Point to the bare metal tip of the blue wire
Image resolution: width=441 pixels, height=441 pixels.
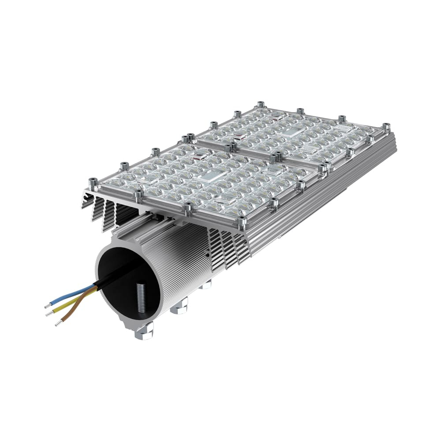pyautogui.click(x=47, y=305)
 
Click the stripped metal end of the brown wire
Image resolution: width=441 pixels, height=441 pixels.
pyautogui.click(x=57, y=325)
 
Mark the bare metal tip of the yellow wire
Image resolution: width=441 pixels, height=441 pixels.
pyautogui.click(x=48, y=314)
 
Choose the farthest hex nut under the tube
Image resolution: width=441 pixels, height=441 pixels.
pyautogui.click(x=205, y=285)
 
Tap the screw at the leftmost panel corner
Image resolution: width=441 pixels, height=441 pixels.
pyautogui.click(x=93, y=182)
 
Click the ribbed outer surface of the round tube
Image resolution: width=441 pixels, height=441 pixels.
pyautogui.click(x=176, y=265)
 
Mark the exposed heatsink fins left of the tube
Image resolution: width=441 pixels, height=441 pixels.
pyautogui.click(x=106, y=212)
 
